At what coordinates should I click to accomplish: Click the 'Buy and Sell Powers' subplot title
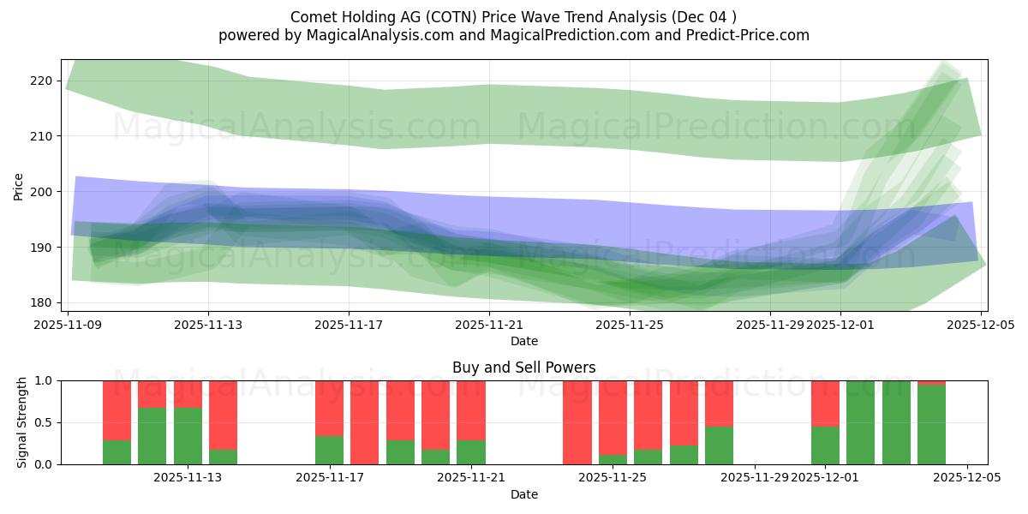pyautogui.click(x=523, y=368)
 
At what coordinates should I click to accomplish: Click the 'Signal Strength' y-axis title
pyautogui.click(x=22, y=422)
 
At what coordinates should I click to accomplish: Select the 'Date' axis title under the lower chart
pyautogui.click(x=523, y=494)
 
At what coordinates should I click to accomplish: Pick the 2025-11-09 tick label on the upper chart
pyautogui.click(x=68, y=325)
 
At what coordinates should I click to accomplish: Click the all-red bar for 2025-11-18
pyautogui.click(x=365, y=422)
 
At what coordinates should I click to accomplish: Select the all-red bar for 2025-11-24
pyautogui.click(x=577, y=422)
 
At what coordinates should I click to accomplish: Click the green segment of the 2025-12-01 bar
pyautogui.click(x=825, y=445)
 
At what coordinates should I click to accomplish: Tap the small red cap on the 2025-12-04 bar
pyautogui.click(x=931, y=382)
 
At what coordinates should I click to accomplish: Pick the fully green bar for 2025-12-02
pyautogui.click(x=861, y=422)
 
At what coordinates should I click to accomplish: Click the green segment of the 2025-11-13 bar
pyautogui.click(x=188, y=436)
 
